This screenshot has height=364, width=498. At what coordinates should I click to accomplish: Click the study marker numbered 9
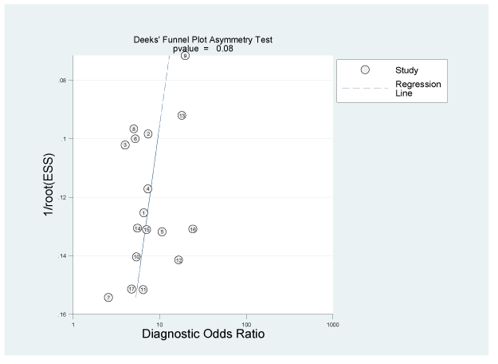click(185, 56)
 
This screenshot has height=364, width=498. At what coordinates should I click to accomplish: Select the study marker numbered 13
click(182, 116)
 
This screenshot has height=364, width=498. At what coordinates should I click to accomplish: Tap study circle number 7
click(108, 297)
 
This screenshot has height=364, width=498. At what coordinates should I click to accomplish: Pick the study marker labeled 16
click(193, 229)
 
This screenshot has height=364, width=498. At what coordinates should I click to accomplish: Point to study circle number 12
click(178, 260)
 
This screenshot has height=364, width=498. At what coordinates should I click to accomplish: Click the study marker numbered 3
click(125, 144)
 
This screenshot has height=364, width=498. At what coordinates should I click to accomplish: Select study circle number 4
click(148, 188)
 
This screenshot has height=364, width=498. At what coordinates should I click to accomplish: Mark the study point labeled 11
click(143, 289)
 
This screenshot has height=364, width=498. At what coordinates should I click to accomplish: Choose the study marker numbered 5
click(162, 231)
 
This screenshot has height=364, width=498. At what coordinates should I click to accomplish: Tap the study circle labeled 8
click(134, 129)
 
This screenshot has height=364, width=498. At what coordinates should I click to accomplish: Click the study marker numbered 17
click(131, 289)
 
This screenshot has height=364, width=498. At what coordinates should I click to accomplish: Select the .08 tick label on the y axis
click(61, 80)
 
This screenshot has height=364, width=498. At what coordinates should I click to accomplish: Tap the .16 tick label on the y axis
click(61, 315)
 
